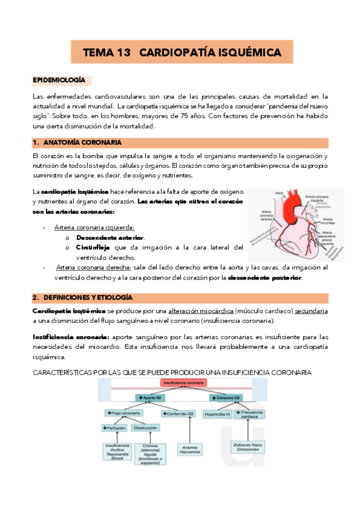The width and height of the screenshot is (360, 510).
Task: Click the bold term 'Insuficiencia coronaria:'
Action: tap(66, 337)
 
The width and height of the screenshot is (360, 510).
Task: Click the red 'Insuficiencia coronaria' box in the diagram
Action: tap(181, 383)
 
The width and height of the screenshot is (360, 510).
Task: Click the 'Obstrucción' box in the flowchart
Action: tap(146, 428)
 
